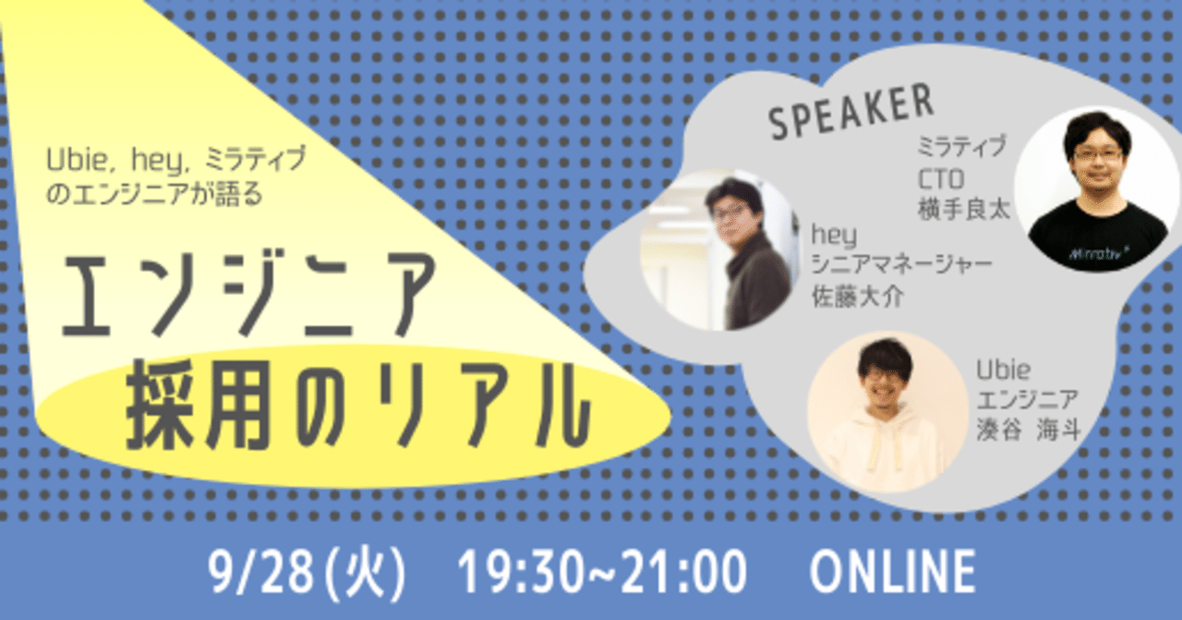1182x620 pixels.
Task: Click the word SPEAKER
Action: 850,114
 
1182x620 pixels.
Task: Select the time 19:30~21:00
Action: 602,572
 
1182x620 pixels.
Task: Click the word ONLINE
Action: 892,572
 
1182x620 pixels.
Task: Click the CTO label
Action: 940,178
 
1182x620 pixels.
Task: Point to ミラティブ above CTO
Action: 961,146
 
